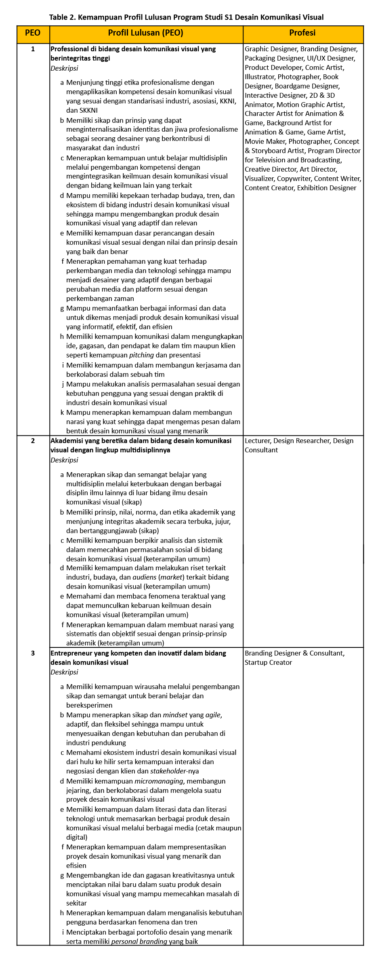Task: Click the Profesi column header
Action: (302, 33)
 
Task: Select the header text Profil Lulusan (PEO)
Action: (145, 33)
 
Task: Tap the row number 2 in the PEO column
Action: (33, 441)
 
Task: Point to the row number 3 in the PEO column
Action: (33, 653)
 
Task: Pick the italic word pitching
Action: (141, 355)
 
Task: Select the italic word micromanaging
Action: (159, 781)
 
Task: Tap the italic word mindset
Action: (175, 715)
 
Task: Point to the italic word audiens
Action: (144, 577)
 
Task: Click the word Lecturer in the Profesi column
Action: (258, 441)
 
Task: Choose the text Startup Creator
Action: (268, 662)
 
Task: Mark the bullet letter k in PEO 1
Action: (62, 412)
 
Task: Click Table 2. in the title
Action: (62, 17)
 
